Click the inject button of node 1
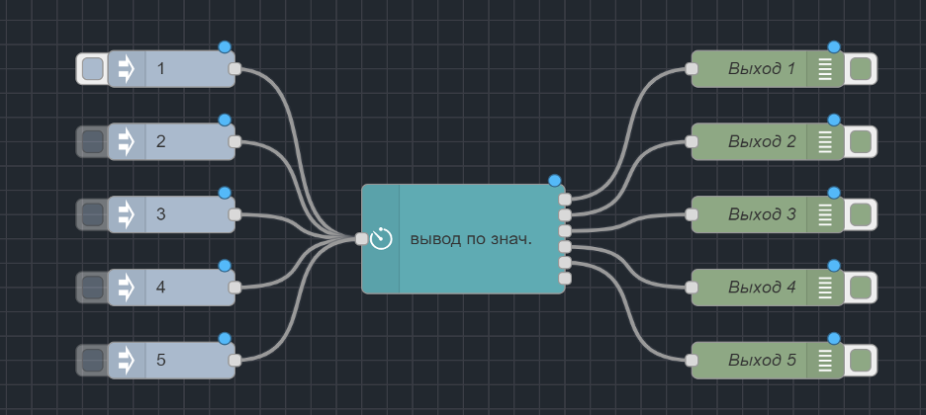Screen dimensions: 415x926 point(92,69)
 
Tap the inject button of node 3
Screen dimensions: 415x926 point(92,214)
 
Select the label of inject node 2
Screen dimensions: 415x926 point(160,141)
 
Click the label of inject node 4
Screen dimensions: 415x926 point(160,288)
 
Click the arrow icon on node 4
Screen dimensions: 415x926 point(127,288)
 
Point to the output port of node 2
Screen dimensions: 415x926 point(234,141)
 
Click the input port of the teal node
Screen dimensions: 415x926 point(362,238)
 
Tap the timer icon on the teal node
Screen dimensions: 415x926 point(382,238)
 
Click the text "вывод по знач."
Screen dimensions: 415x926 point(471,239)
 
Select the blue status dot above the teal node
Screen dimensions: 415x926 point(554,181)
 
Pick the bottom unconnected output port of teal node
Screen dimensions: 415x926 point(565,279)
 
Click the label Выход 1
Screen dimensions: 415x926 point(762,69)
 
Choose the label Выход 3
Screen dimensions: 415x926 point(762,214)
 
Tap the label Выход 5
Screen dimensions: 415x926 point(762,361)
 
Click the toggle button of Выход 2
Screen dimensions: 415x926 point(861,141)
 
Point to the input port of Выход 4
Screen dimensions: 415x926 point(692,288)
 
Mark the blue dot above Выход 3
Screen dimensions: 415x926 point(833,193)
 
